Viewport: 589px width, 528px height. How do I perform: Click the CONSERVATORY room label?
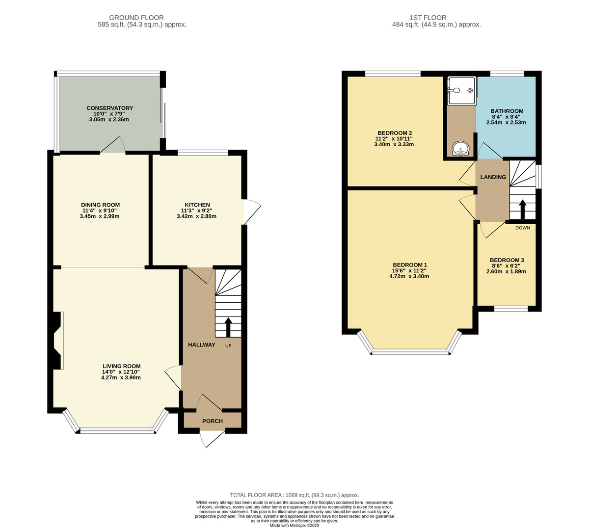(109, 108)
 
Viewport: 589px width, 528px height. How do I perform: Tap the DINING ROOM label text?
(100, 205)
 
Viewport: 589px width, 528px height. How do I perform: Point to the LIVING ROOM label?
(121, 366)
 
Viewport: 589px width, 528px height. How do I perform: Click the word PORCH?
(213, 421)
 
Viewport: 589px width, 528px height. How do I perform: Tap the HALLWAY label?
(201, 344)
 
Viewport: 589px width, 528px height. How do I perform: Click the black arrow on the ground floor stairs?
(228, 327)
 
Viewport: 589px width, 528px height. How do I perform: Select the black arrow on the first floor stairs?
(522, 209)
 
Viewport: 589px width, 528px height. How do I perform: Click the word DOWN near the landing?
(522, 228)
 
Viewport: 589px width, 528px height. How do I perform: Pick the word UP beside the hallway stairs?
(228, 345)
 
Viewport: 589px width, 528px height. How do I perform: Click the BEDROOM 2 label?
(394, 133)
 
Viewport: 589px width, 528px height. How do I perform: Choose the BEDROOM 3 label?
(507, 260)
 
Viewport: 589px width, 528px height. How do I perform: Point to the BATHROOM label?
(507, 111)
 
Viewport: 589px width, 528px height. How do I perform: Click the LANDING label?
(493, 177)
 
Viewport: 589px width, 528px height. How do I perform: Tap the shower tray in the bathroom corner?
(461, 91)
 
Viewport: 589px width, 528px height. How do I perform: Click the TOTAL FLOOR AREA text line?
(294, 495)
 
